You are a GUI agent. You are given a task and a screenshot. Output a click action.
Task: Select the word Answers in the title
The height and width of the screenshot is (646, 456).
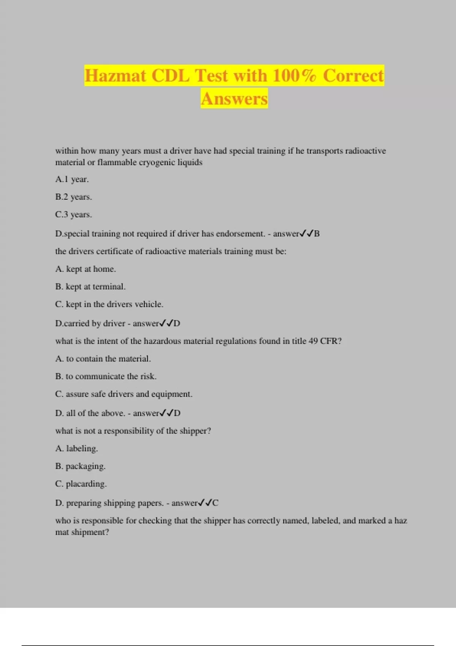[234, 99]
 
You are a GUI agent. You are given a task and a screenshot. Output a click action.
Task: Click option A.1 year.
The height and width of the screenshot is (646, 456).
[72, 179]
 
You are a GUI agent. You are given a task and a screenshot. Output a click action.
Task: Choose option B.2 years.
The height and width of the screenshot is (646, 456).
[73, 197]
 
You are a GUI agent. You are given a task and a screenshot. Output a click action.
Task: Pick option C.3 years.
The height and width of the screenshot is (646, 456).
[73, 215]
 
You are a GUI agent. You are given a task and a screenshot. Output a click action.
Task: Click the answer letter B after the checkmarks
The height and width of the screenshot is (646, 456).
[317, 234]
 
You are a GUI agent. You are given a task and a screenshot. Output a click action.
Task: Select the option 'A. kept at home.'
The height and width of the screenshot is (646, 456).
[85, 269]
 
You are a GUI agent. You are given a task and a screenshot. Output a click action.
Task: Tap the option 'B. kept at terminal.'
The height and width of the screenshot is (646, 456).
[90, 287]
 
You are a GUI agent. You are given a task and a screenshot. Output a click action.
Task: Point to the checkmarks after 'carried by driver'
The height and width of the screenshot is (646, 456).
[166, 323]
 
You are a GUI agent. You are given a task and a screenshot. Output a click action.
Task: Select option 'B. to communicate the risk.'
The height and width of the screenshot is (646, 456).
[106, 376]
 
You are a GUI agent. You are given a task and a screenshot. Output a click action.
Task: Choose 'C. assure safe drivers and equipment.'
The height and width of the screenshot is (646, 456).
[123, 394]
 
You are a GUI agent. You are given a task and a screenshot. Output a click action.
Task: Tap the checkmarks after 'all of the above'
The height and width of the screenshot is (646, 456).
[166, 413]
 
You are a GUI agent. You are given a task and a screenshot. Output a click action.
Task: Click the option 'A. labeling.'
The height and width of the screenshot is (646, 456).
[76, 448]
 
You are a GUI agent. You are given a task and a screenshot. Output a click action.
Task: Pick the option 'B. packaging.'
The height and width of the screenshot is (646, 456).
[80, 466]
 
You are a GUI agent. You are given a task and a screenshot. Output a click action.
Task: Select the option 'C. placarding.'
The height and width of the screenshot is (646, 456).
[81, 484]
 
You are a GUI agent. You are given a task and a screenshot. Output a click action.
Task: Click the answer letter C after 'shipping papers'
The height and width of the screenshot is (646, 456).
[215, 503]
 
